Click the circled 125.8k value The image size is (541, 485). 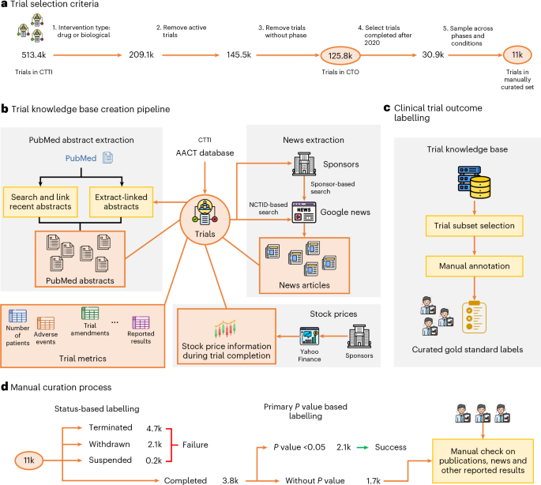342,56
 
